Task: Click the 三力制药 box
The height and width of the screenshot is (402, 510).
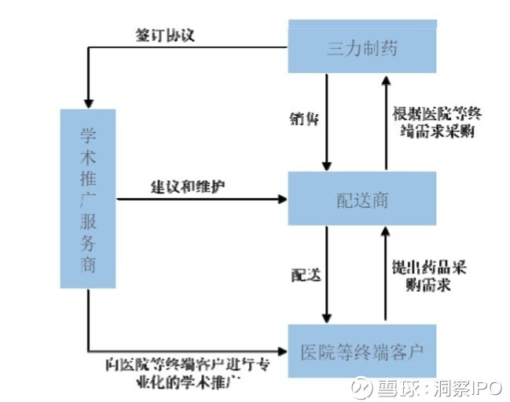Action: click(362, 49)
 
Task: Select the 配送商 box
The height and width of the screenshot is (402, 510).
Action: click(362, 200)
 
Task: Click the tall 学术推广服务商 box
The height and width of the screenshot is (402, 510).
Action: click(88, 199)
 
